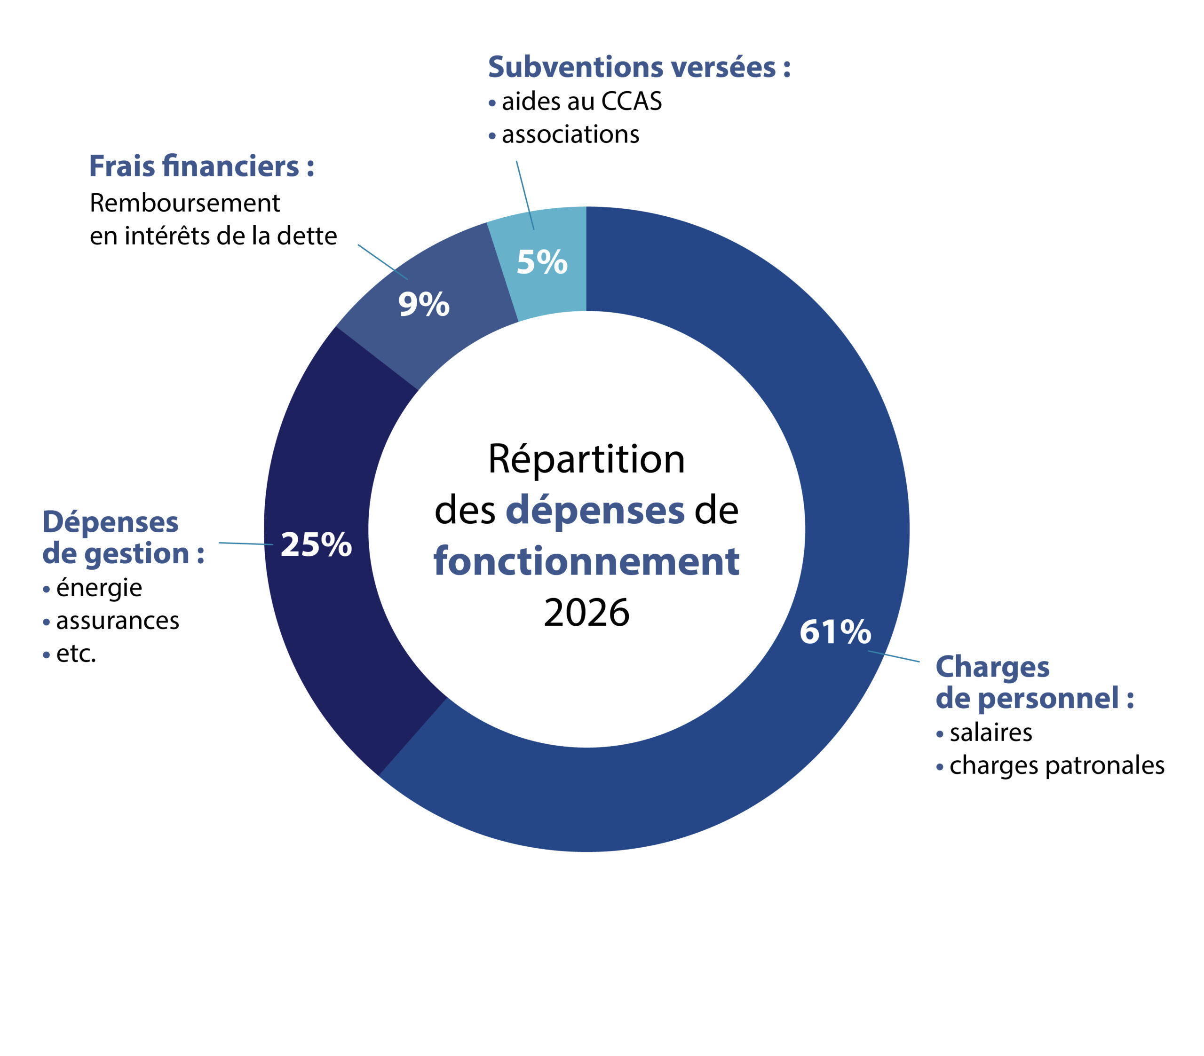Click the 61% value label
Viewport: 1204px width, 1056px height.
point(835,632)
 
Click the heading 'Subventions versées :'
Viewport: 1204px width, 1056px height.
point(639,67)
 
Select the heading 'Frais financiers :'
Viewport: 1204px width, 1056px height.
point(201,166)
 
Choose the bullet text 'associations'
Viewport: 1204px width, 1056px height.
point(570,135)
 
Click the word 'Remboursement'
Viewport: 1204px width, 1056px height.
point(184,203)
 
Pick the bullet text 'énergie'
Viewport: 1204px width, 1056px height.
point(99,588)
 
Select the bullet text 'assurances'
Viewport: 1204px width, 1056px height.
point(117,621)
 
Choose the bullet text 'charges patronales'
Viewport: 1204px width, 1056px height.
point(1057,765)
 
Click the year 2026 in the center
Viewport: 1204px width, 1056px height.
point(586,613)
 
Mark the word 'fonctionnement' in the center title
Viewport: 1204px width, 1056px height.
point(586,561)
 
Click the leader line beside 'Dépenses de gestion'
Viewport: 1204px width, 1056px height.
point(246,544)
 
